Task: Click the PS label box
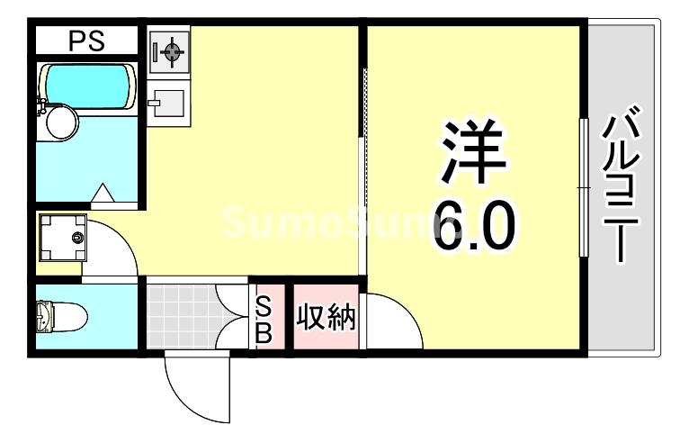click(x=86, y=41)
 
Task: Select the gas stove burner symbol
click(x=168, y=50)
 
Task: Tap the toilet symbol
click(x=60, y=317)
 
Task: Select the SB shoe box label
click(x=264, y=320)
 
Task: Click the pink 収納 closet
click(x=327, y=319)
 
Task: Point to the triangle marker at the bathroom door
click(x=103, y=192)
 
